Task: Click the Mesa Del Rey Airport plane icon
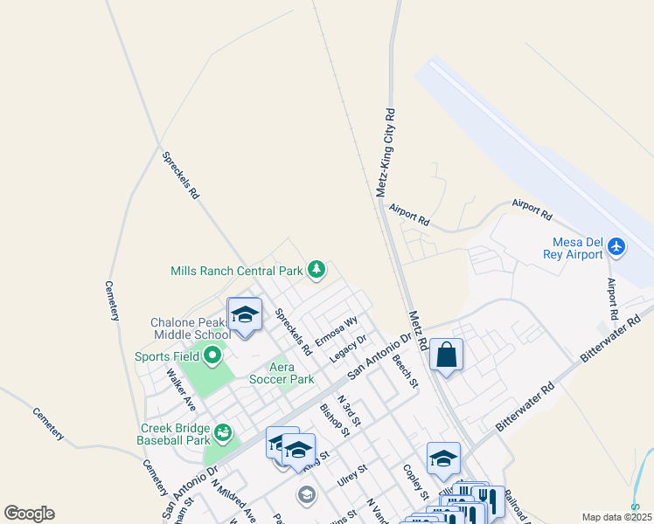pos(617,247)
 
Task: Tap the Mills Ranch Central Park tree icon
pos(317,269)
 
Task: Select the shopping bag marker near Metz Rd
pos(446,355)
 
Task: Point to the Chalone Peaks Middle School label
pos(191,328)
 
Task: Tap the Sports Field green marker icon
pos(212,355)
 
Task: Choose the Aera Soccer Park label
pos(282,374)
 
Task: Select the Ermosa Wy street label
pos(337,330)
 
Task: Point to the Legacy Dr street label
pos(347,348)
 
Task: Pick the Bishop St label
pos(334,419)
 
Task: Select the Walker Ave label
pos(181,389)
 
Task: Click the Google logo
pos(29,514)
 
